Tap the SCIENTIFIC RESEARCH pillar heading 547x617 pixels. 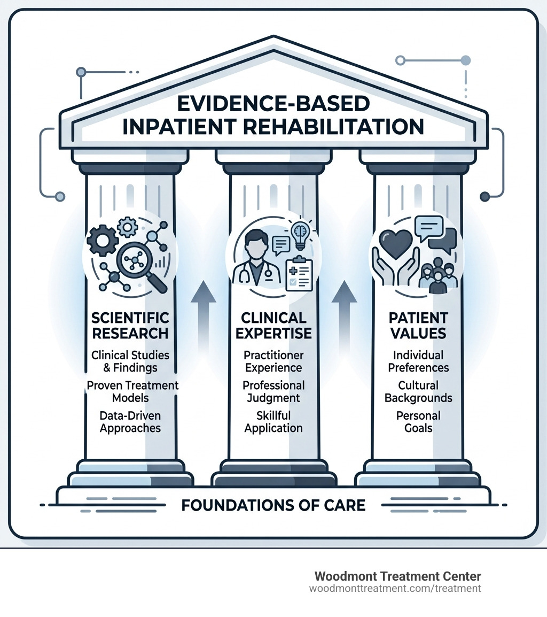click(x=130, y=325)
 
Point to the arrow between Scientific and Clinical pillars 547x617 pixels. click(x=202, y=310)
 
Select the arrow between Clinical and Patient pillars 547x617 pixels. click(x=346, y=310)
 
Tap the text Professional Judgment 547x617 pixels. click(x=273, y=391)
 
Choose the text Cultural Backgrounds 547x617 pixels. click(x=418, y=391)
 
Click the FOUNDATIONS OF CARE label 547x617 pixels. click(x=273, y=505)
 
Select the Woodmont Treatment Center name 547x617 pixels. click(x=397, y=576)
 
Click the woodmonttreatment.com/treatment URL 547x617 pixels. click(x=395, y=588)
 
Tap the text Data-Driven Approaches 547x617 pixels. click(x=130, y=421)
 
